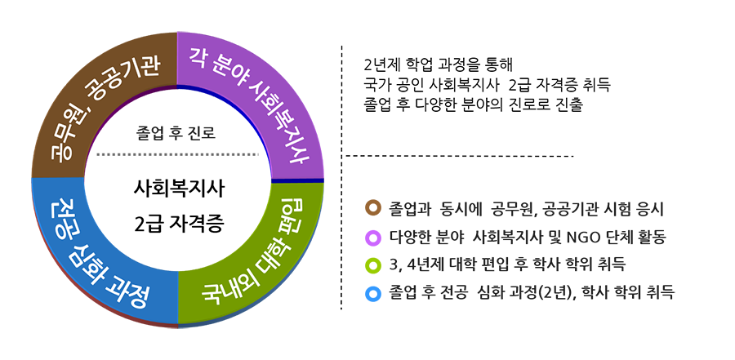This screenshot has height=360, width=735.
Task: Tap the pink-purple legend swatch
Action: click(372, 237)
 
